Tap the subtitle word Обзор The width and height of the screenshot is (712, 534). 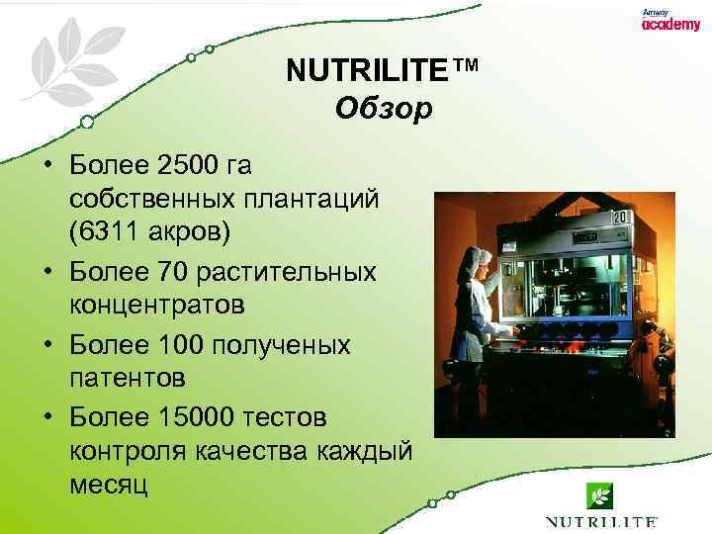tap(384, 108)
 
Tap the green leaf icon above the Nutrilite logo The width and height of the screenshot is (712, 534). tap(598, 493)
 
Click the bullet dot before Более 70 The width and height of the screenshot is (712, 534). tap(45, 270)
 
